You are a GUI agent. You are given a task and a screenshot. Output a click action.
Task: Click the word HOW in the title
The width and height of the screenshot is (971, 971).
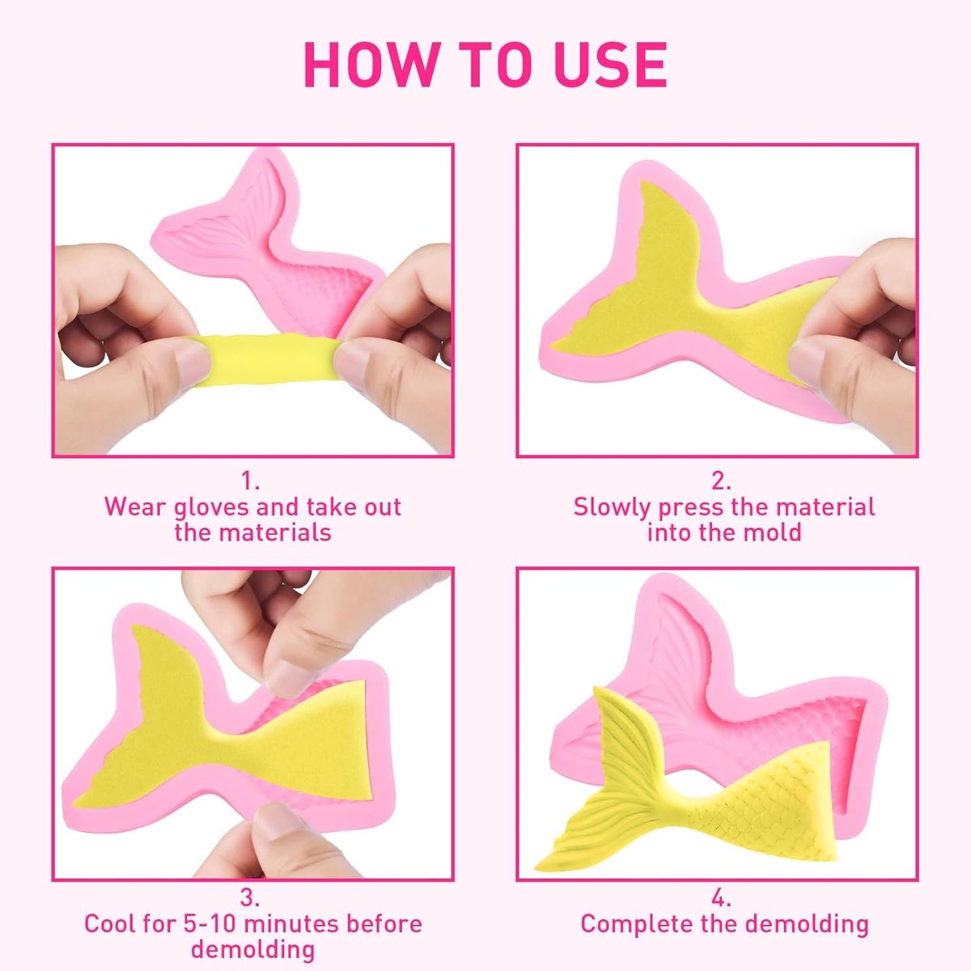(x=371, y=65)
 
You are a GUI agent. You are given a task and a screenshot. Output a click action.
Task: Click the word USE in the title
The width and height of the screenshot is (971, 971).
(x=610, y=65)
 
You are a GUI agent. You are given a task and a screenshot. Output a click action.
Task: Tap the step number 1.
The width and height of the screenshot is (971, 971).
(x=250, y=481)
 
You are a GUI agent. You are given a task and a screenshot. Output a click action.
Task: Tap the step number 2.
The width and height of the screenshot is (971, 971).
(x=721, y=481)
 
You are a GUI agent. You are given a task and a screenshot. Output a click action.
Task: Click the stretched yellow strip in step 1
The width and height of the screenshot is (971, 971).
(x=265, y=359)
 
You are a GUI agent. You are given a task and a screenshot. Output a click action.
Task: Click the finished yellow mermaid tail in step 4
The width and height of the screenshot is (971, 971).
(x=690, y=779)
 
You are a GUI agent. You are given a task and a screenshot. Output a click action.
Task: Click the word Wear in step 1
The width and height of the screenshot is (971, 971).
(x=134, y=507)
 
